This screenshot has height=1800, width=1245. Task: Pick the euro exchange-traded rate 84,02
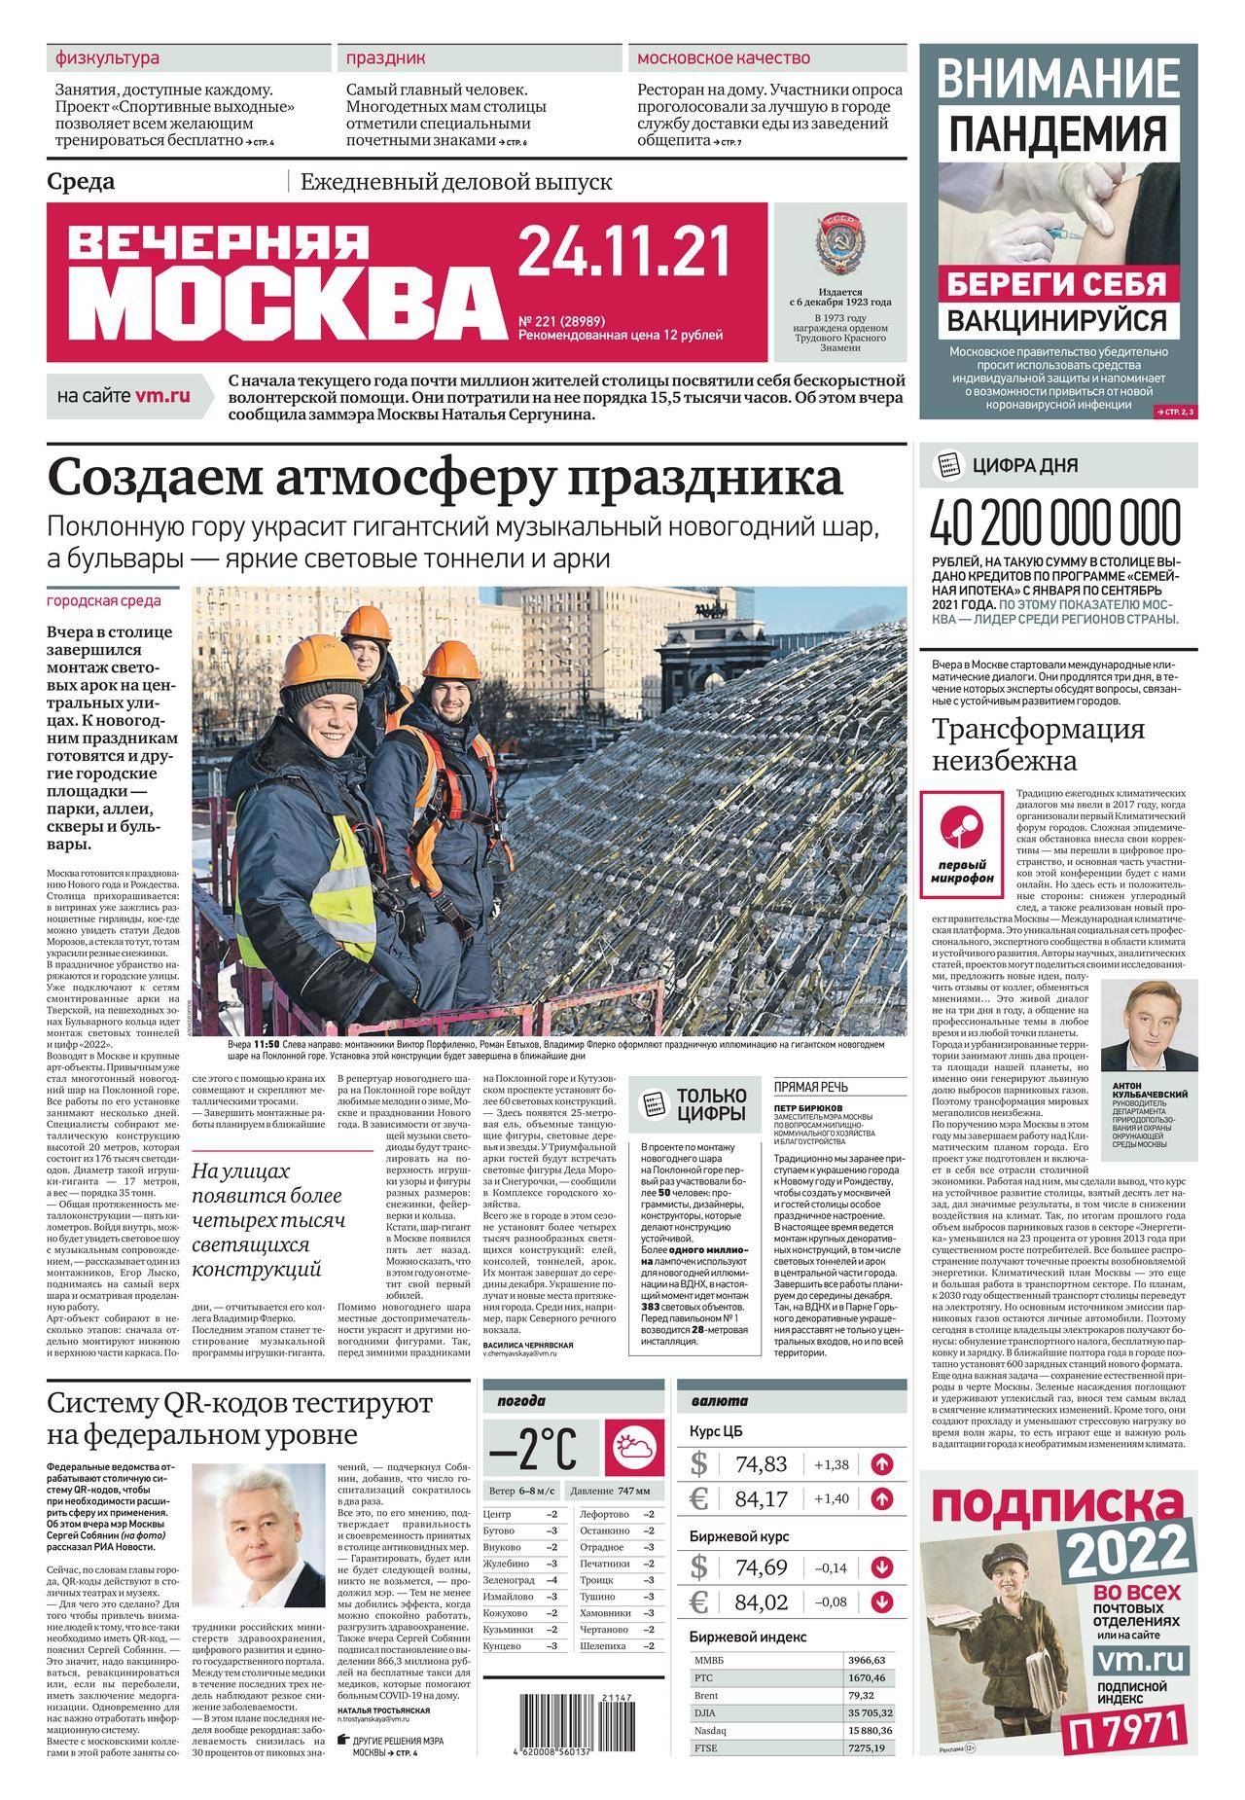pyautogui.click(x=762, y=1602)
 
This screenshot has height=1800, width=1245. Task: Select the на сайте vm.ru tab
pyautogui.click(x=124, y=396)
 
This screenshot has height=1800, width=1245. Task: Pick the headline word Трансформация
pyautogui.click(x=1039, y=730)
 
